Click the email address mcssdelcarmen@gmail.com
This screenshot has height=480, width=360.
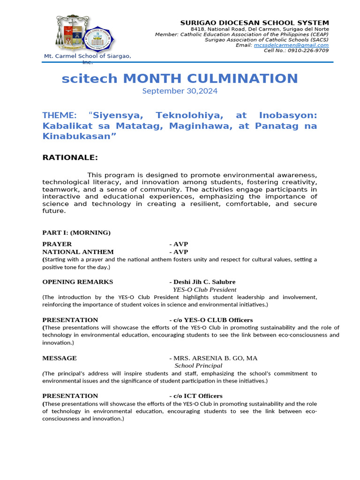(291, 45)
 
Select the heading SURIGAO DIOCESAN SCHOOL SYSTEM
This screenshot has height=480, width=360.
(255, 23)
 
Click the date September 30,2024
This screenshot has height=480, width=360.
(180, 91)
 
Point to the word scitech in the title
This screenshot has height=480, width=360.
(90, 78)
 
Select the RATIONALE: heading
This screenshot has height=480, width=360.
(70, 157)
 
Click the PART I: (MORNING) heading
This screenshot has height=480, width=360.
(76, 232)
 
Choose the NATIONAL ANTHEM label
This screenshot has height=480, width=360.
(78, 252)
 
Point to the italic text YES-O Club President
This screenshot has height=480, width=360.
(205, 290)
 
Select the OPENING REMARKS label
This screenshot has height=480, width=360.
(78, 282)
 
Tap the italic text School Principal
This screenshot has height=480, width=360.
(198, 366)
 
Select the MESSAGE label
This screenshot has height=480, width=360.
(60, 358)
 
